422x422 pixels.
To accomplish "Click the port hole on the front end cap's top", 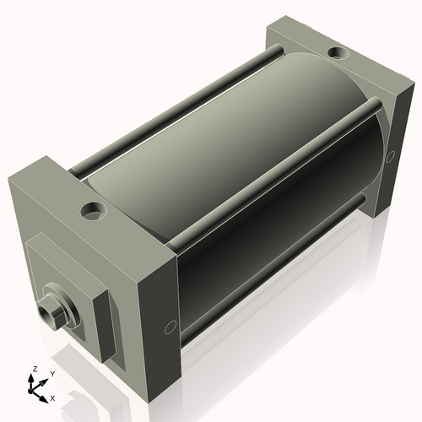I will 92,209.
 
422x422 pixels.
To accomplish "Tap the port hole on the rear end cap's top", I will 337,53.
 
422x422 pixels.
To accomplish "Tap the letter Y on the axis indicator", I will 51,372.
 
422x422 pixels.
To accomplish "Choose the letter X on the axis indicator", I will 53,397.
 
